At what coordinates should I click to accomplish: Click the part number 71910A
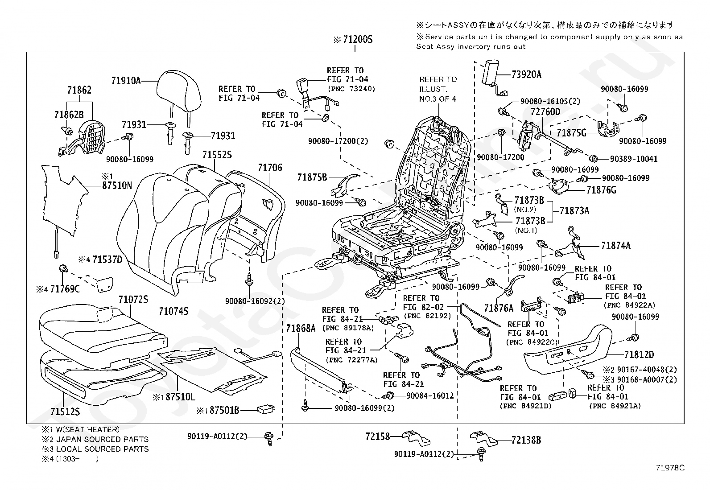click(126, 81)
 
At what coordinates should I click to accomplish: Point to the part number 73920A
click(526, 74)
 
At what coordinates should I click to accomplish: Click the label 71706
click(270, 168)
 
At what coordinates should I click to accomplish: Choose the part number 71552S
click(217, 155)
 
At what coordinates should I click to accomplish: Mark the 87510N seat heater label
click(117, 185)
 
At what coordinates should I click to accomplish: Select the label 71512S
click(65, 411)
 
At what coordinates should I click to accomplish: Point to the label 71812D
click(639, 355)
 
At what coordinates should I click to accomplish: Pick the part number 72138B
click(526, 440)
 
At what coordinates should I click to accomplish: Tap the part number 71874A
click(615, 246)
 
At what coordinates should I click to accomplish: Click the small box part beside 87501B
click(266, 408)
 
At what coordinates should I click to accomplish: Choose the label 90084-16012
click(429, 395)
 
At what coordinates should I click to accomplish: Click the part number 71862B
click(69, 115)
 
